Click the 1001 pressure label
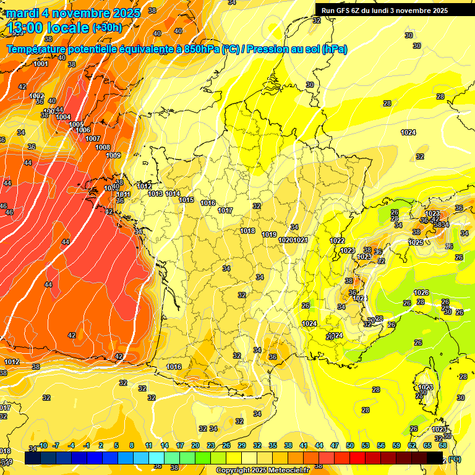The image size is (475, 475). (41, 64)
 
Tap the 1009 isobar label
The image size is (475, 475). (113, 155)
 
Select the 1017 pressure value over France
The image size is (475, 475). (225, 210)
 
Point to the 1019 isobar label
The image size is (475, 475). (269, 234)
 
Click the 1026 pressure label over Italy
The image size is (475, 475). (421, 293)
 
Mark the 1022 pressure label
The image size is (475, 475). (337, 241)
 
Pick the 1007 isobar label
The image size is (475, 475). (93, 139)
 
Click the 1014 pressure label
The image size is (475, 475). (173, 194)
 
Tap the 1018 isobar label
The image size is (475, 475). (248, 231)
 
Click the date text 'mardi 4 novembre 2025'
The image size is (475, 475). (74, 12)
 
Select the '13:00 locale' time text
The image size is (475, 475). (48, 28)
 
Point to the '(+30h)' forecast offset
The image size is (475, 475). (107, 28)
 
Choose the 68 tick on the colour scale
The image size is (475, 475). (443, 445)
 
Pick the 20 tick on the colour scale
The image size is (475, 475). (195, 445)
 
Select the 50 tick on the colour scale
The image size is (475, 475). (350, 445)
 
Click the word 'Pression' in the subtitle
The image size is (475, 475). (272, 49)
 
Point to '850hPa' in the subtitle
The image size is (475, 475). (202, 49)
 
